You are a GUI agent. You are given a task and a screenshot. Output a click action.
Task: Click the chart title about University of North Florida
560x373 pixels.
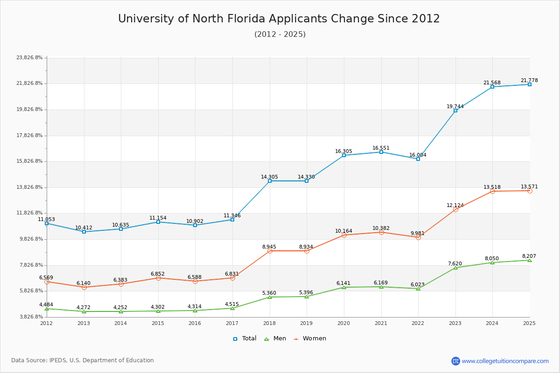279,19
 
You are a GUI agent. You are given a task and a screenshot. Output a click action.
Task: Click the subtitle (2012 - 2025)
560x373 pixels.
280,35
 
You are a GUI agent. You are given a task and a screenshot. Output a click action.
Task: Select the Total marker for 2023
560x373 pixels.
455,111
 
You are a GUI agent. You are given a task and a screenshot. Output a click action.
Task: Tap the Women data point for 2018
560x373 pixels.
270,251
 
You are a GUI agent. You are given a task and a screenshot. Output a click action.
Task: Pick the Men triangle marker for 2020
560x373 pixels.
344,287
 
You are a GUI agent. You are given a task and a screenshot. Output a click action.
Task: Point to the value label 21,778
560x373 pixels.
529,80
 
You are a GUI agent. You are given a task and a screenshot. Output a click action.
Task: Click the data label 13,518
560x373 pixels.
492,187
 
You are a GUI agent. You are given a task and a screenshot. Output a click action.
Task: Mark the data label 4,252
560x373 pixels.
120,307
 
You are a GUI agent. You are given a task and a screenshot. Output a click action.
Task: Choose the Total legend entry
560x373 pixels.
245,338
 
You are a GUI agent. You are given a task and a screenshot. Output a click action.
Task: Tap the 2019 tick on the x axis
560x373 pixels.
307,323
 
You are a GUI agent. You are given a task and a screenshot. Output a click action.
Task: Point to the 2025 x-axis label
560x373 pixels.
529,323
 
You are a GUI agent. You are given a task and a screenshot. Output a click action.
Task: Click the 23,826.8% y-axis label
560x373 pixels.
29,58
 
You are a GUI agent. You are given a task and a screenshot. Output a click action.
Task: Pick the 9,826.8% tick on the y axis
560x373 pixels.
29,239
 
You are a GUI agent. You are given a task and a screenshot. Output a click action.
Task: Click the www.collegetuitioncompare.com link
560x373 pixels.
505,361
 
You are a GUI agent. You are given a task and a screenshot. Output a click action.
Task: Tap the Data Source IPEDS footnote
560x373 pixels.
83,360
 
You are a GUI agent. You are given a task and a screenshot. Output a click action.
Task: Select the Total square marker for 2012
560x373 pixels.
47,223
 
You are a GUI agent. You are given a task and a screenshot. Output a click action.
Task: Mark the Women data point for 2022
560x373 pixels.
418,237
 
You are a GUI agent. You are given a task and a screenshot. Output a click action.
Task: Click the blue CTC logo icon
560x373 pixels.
455,361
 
